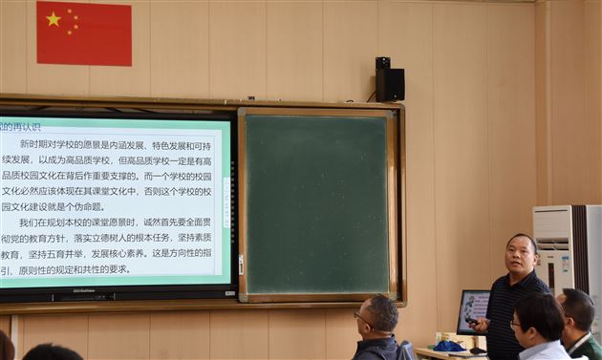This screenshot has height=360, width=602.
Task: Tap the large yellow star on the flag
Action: click(x=54, y=18)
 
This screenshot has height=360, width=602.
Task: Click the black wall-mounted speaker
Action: click(x=389, y=82)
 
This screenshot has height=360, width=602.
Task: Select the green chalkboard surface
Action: click(x=316, y=203)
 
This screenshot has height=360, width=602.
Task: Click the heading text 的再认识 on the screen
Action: click(x=21, y=126)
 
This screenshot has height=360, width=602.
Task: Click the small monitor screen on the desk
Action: click(x=474, y=309)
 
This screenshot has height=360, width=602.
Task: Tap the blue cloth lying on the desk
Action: click(x=447, y=345)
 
